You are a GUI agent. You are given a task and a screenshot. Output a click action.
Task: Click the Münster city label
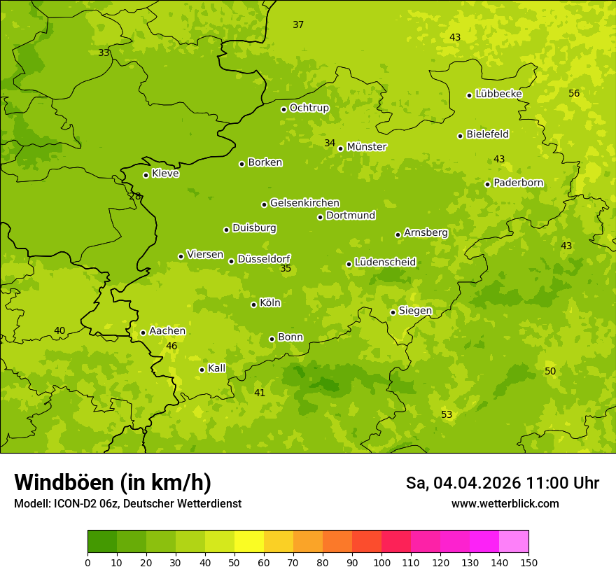pos(366,147)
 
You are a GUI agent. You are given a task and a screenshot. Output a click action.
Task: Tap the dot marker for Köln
pos(253,304)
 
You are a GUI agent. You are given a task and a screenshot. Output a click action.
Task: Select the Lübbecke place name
pos(498,94)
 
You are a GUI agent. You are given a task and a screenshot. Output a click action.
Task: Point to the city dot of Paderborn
pos(487,184)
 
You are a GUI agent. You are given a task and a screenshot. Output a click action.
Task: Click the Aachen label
pos(167,331)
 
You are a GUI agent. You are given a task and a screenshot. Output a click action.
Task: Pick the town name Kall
pos(216,368)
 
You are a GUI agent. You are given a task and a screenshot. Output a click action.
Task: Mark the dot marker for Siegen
pos(393,312)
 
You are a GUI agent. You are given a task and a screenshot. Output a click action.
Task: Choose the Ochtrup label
pos(309,108)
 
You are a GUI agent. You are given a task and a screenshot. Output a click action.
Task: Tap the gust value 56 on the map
pos(574,93)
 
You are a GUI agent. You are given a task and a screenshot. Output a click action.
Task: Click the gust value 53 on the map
pos(447,414)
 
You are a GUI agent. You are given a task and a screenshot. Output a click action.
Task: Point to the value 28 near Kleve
pos(135,196)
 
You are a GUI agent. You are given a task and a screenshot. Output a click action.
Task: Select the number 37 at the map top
pos(298,24)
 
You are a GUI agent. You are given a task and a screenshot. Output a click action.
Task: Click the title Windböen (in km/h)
pos(113,482)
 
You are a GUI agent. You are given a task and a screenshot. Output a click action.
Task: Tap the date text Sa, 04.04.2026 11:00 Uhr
pos(502,483)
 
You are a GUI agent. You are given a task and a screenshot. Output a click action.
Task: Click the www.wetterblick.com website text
pos(505,503)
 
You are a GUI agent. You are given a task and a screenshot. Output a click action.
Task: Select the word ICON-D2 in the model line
pos(78,503)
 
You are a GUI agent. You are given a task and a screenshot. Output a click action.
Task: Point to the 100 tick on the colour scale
pos(381,562)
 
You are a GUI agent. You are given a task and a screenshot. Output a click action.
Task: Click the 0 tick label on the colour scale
pos(87,562)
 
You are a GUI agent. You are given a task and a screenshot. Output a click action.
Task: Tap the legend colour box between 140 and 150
pos(514,541)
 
